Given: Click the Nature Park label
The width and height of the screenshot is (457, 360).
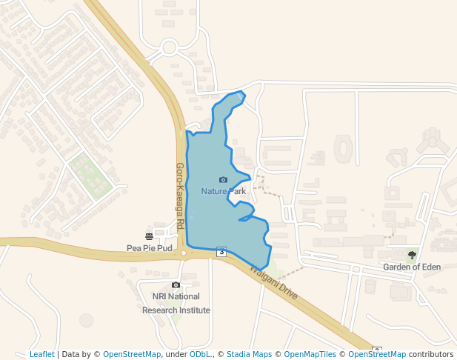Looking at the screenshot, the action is tap(223, 191).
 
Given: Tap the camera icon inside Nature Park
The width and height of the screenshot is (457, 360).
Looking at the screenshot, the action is tap(223, 180).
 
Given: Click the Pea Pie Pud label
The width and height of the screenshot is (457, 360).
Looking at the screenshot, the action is tap(150, 248).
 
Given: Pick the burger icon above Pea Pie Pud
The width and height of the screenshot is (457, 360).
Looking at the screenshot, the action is tap(150, 236).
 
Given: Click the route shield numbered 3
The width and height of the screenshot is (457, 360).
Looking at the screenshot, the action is tap(221, 252).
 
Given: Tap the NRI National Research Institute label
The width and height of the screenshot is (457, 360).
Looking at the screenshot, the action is tap(176, 303).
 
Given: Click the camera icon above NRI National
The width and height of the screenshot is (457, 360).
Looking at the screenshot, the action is tap(176, 285).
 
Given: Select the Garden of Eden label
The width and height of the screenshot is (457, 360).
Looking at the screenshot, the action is tap(412, 267).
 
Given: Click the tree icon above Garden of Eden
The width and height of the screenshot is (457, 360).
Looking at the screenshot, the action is tap(412, 255).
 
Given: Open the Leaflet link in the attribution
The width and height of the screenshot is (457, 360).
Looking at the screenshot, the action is tap(41, 354).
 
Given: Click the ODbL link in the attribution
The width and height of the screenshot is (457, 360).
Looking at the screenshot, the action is tap(199, 354).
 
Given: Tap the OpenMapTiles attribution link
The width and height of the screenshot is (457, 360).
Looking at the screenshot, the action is tap(310, 354).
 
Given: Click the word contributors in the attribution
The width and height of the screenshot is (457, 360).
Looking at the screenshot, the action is tap(431, 354).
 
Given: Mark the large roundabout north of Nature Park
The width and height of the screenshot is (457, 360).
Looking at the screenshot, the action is tap(169, 48).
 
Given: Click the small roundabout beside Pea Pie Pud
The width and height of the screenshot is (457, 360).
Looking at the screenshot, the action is tap(184, 253).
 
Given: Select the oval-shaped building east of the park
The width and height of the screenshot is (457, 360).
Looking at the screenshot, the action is tap(344, 148).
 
